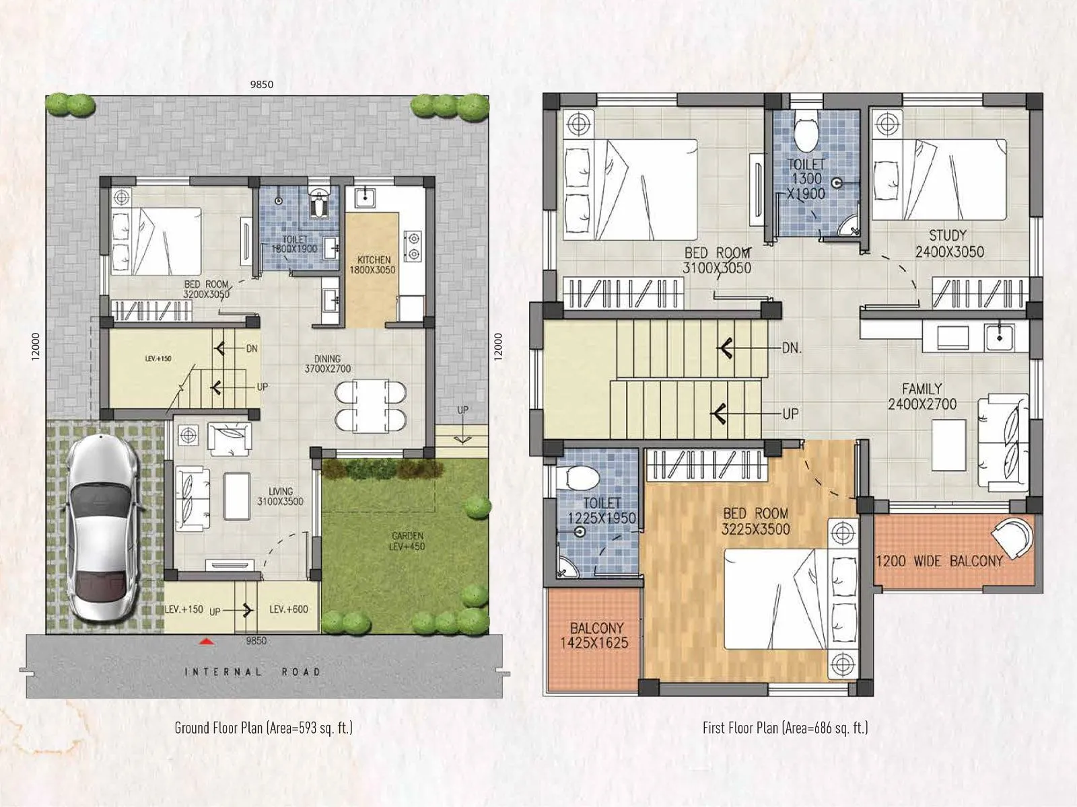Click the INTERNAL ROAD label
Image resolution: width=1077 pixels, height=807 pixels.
(x=252, y=672)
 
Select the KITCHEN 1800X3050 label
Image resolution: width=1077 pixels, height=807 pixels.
(x=373, y=264)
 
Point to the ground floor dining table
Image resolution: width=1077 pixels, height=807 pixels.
(x=370, y=406)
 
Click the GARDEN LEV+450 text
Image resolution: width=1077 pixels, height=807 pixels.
(x=407, y=541)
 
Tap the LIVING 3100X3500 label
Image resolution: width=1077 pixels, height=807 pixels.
(x=280, y=496)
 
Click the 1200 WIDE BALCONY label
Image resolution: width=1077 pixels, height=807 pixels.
(x=939, y=561)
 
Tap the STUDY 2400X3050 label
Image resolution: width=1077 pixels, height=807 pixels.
(x=948, y=243)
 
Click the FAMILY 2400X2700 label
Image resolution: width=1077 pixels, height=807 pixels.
(x=922, y=396)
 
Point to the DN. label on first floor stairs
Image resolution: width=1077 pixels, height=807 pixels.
(x=792, y=348)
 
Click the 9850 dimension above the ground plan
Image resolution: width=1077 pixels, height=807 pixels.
(x=261, y=85)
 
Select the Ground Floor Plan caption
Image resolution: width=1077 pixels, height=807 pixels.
(x=263, y=728)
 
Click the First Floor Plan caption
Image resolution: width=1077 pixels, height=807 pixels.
(x=785, y=728)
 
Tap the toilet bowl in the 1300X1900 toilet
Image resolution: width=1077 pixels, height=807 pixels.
(x=805, y=134)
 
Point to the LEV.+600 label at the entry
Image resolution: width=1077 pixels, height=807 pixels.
(x=288, y=609)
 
